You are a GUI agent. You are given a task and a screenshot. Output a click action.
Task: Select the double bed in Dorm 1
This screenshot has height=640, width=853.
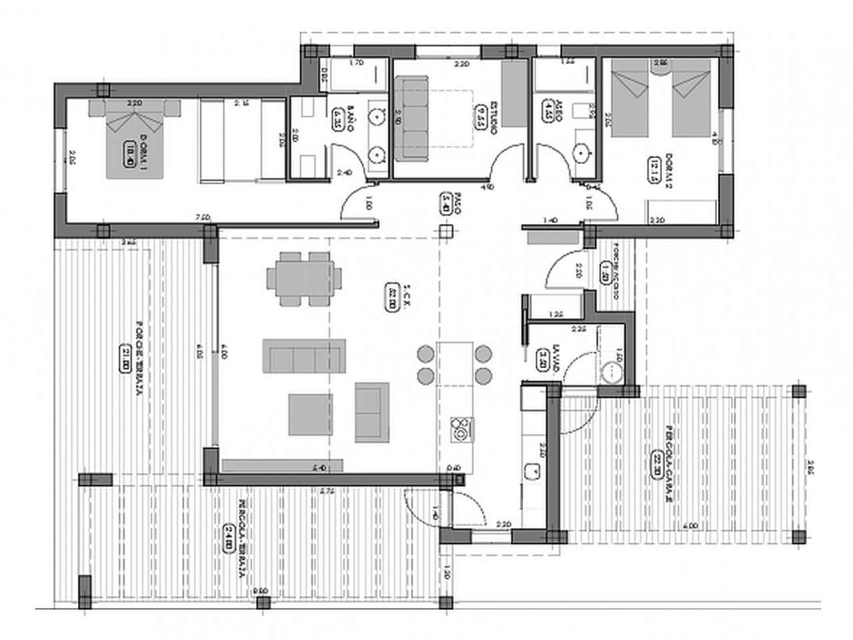click(x=135, y=139)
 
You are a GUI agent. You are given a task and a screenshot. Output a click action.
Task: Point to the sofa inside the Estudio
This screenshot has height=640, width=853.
click(x=412, y=119)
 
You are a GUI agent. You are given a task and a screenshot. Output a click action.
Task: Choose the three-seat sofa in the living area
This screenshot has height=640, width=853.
click(x=305, y=355)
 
